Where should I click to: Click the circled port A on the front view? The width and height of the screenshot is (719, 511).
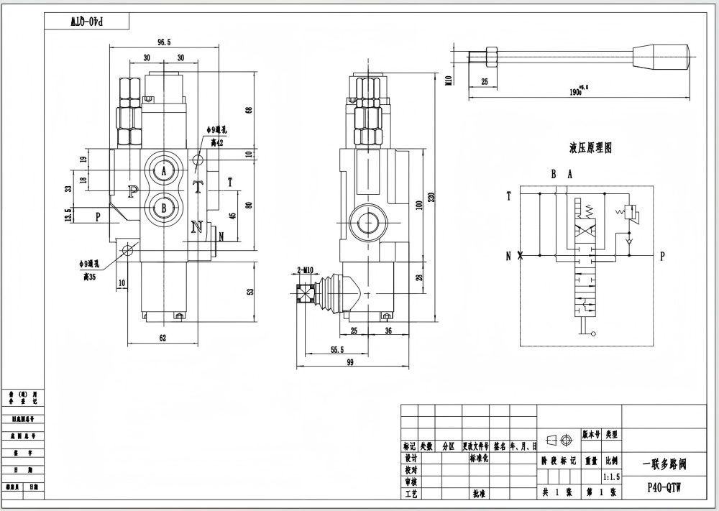pyautogui.click(x=164, y=170)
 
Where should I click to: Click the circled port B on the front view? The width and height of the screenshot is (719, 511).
pyautogui.click(x=164, y=208)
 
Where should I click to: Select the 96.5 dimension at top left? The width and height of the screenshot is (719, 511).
pyautogui.click(x=163, y=42)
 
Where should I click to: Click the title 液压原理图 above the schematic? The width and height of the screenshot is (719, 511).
pyautogui.click(x=590, y=149)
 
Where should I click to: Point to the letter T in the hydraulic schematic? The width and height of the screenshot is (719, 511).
pyautogui.click(x=508, y=195)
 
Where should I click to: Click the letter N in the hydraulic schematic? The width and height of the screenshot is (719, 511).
pyautogui.click(x=508, y=255)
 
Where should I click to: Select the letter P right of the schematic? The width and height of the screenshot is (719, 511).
pyautogui.click(x=662, y=255)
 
